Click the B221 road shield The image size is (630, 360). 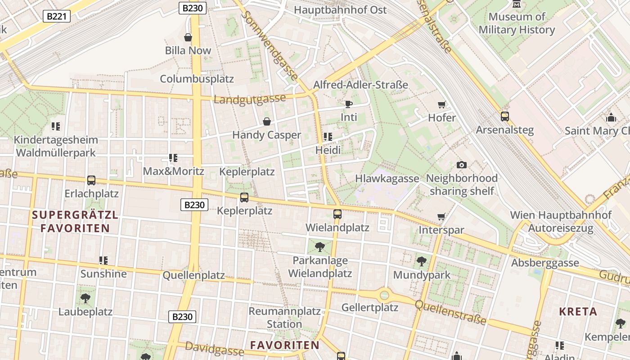click(x=57, y=17)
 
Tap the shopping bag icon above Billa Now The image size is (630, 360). click(x=188, y=37)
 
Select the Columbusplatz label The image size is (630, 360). click(x=197, y=79)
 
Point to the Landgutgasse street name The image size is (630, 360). click(x=250, y=99)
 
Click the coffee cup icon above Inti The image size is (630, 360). click(x=348, y=104)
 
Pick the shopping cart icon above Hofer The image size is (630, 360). click(x=441, y=105)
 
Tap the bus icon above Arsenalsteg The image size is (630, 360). click(x=505, y=117)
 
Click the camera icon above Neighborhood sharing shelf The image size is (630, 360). click(x=461, y=165)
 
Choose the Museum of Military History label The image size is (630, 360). click(x=517, y=23)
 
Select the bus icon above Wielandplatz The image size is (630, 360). click(x=337, y=214)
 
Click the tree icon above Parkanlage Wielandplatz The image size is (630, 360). click(x=320, y=247)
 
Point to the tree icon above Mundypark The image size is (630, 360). click(x=422, y=261)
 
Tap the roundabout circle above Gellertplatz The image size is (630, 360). click(x=384, y=295)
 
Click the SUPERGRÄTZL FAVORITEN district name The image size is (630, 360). click(x=75, y=221)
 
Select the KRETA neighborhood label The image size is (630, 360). click(x=578, y=311)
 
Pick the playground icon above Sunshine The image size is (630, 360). click(x=103, y=260)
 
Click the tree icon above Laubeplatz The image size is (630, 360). click(x=85, y=298)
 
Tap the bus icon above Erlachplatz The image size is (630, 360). click(x=91, y=180)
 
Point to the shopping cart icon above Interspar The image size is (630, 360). click(x=441, y=217)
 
